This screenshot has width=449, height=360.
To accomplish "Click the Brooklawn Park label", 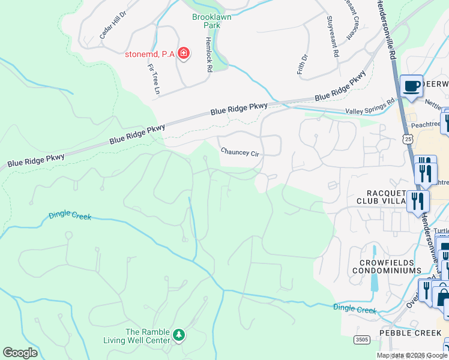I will [211, 22].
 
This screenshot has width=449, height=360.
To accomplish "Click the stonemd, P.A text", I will [149, 55].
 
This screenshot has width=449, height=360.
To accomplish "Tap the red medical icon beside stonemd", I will [184, 55].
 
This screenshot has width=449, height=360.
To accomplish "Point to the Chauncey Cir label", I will [240, 152].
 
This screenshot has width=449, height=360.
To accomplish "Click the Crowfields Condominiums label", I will [390, 266].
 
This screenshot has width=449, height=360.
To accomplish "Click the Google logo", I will [20, 353].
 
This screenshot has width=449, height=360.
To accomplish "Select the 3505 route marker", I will [361, 340].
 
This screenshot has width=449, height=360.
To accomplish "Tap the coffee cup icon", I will [411, 86].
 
